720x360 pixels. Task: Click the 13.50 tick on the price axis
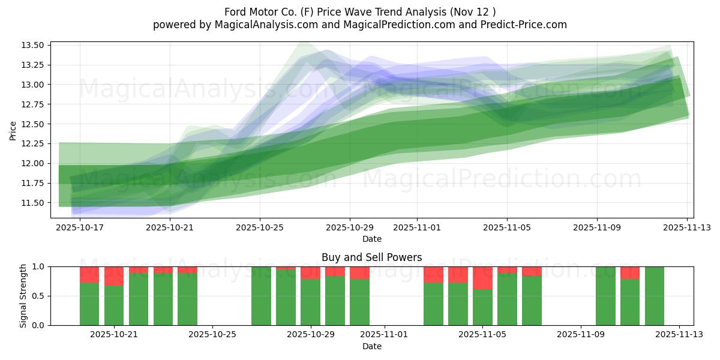32,45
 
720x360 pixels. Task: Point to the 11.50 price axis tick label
32,203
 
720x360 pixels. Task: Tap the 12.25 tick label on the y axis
32,143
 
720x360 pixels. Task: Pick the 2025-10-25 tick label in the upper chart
260,228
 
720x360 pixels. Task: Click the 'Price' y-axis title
13,130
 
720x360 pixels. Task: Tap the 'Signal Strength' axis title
23,296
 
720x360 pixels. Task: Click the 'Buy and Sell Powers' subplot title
371,257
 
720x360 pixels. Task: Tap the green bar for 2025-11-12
654,296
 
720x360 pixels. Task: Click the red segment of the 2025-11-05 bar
482,278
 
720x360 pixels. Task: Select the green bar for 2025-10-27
261,296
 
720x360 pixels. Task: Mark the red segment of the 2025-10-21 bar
114,276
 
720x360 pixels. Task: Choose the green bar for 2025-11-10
605,296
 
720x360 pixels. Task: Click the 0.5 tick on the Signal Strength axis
41,296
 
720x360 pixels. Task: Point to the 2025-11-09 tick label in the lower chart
581,334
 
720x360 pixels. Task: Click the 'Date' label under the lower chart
371,346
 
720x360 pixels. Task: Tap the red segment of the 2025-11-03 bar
433,274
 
